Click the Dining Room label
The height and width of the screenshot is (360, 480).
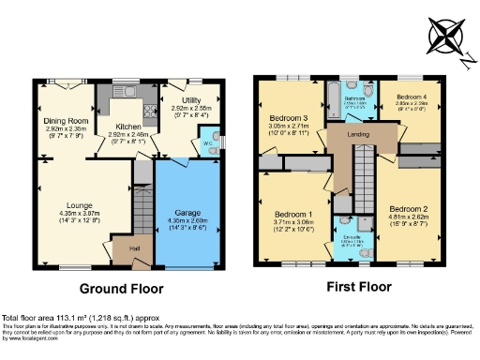66,120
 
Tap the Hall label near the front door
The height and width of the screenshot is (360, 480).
122,250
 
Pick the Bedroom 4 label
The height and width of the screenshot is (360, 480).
411,97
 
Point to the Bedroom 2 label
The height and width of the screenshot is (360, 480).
409,208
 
